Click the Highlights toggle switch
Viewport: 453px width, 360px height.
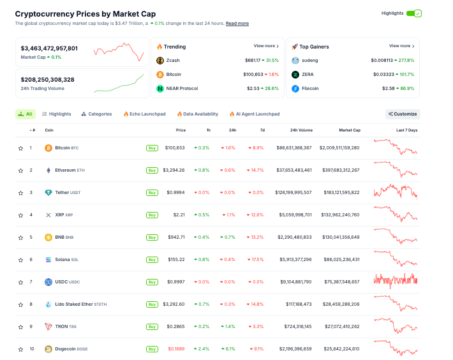click(x=414, y=13)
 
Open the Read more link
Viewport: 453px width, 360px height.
click(x=237, y=24)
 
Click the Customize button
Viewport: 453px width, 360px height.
click(x=403, y=114)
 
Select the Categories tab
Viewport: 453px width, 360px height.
click(x=96, y=114)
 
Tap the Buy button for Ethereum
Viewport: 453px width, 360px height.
click(x=152, y=170)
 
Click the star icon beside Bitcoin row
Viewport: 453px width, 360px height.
click(x=20, y=148)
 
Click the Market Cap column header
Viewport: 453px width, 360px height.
click(x=350, y=130)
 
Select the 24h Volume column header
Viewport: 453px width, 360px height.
click(x=301, y=130)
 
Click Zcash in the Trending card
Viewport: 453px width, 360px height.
click(x=172, y=61)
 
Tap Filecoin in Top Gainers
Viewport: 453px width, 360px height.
click(x=311, y=89)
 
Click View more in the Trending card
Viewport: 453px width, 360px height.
click(x=266, y=46)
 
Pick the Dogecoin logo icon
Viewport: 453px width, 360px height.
click(x=48, y=349)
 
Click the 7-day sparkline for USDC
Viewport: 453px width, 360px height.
click(x=395, y=281)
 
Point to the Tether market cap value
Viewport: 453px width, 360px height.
click(x=339, y=193)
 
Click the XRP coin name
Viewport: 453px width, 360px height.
click(x=60, y=215)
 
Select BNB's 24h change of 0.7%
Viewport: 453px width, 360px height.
click(x=229, y=237)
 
